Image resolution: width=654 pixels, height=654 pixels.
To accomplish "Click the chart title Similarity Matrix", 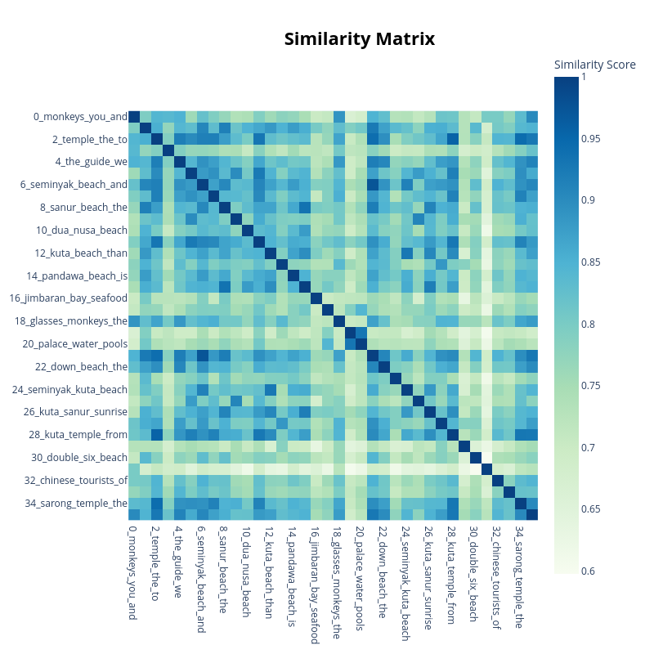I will (359, 39).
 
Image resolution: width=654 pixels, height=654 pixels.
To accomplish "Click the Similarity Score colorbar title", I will (594, 65).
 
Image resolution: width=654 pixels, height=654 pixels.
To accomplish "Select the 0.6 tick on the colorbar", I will (587, 571).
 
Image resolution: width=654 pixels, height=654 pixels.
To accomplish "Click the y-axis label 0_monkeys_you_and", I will (80, 116).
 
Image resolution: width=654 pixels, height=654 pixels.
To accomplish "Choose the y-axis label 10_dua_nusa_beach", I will (82, 230).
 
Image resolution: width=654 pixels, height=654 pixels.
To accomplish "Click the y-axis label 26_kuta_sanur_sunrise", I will (75, 411).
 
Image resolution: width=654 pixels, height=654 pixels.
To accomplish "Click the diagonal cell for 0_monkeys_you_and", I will (134, 116).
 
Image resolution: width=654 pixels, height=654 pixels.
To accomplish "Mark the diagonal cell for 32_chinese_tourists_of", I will (498, 480).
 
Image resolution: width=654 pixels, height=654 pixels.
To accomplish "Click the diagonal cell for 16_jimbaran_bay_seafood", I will (316, 298).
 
